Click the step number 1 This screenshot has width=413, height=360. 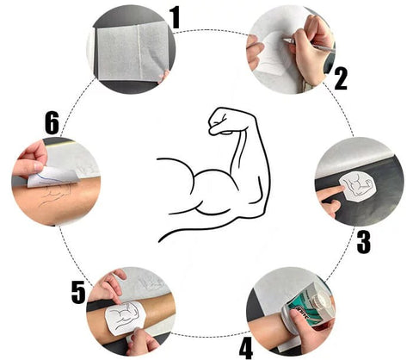click(175, 17)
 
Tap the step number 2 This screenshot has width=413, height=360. click(341, 78)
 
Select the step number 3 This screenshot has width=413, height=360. click(364, 242)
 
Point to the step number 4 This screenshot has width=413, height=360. click(246, 348)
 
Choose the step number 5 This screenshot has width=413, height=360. click(78, 292)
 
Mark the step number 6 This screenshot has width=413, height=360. click(52, 123)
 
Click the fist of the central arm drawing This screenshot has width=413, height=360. click(222, 121)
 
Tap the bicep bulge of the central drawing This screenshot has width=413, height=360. click(216, 183)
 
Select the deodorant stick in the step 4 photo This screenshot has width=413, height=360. click(308, 307)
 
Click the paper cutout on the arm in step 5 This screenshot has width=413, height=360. click(126, 318)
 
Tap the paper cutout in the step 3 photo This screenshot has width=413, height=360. click(358, 185)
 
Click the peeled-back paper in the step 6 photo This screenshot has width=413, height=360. click(53, 177)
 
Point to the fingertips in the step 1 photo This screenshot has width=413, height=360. click(163, 77)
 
